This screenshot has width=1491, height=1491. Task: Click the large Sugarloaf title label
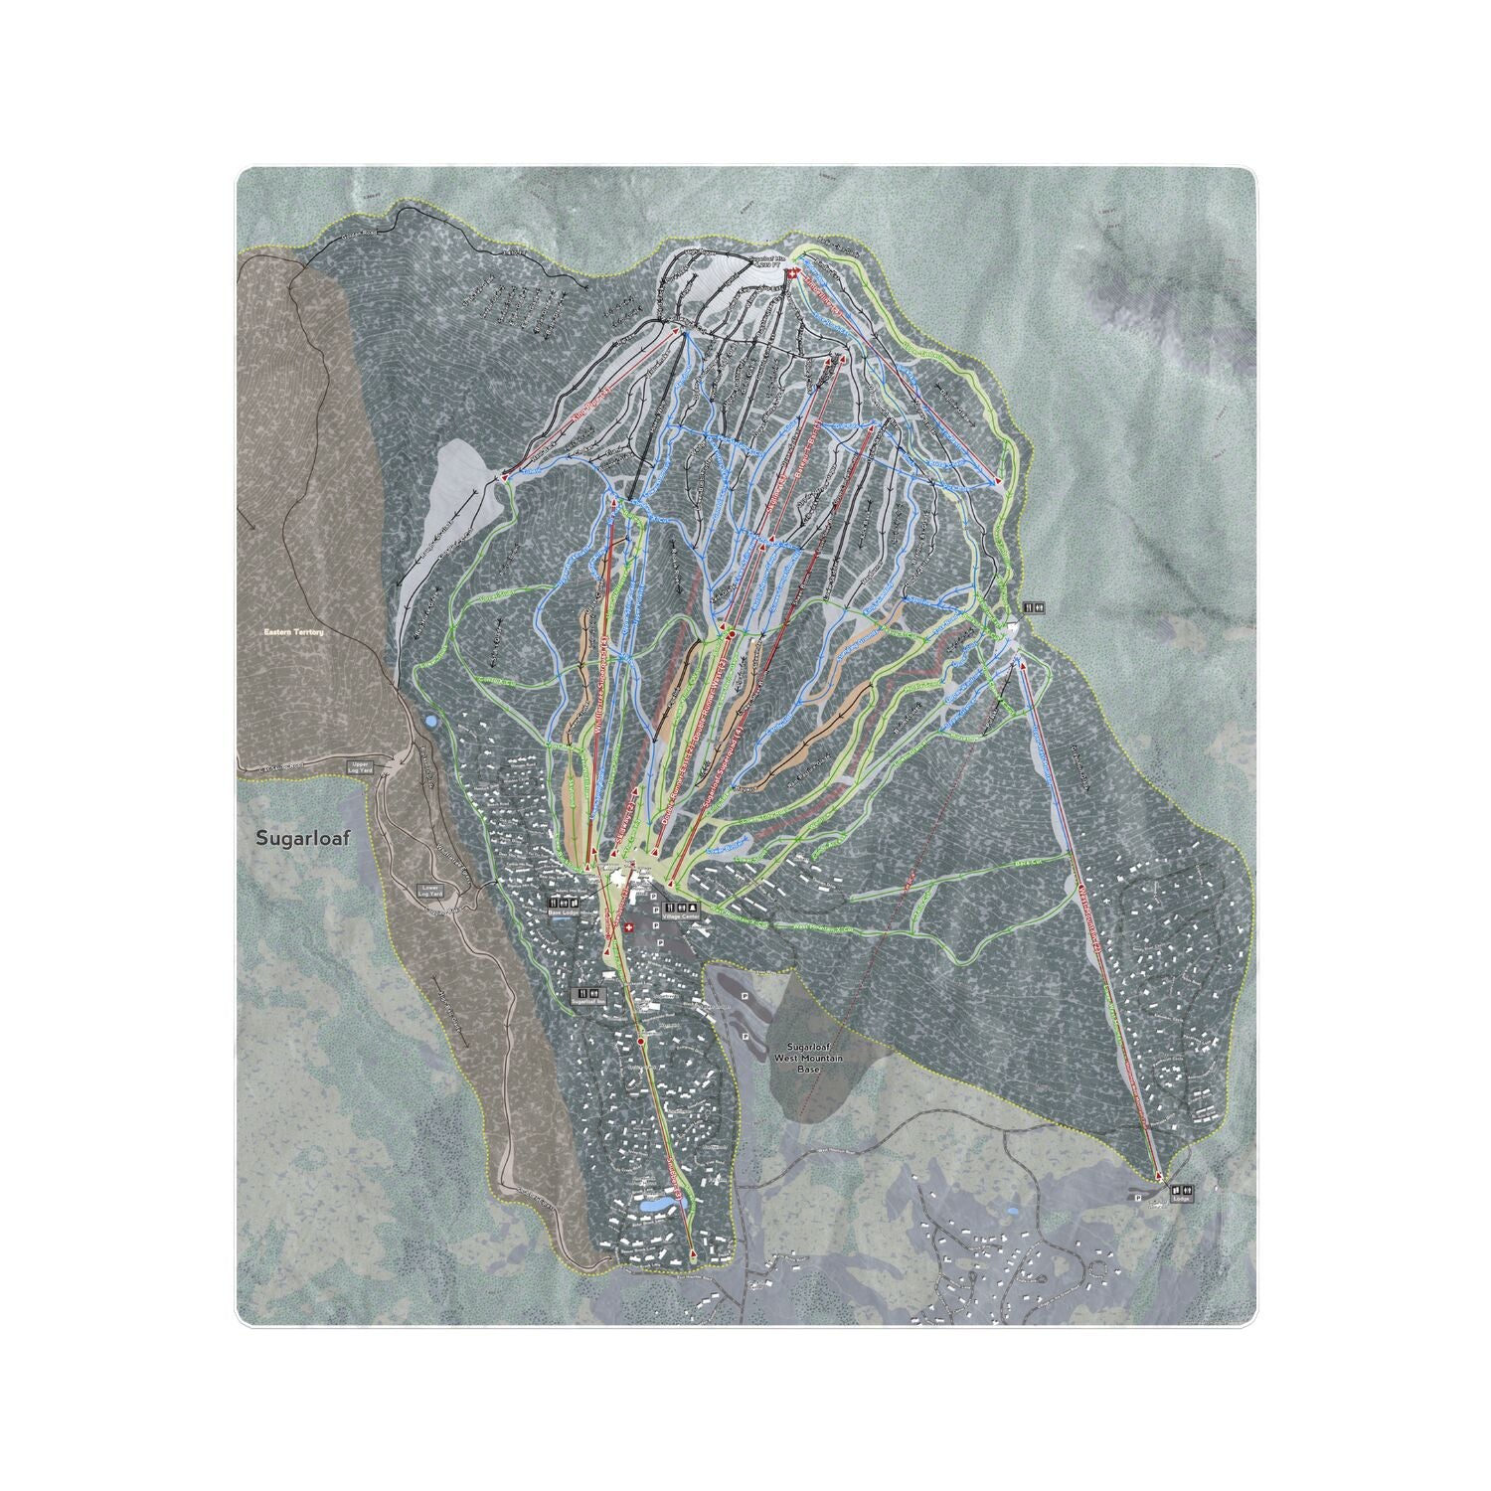coord(296,837)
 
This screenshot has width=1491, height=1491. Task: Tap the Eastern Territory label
coord(293,632)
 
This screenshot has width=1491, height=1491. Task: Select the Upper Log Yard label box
coord(359,766)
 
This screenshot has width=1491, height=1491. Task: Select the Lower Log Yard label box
coord(429,891)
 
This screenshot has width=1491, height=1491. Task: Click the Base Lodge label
coord(564,911)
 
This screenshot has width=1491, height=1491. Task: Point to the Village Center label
coord(681,916)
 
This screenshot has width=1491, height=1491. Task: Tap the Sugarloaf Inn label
coord(586,1003)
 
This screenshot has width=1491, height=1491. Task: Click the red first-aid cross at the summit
coord(791,272)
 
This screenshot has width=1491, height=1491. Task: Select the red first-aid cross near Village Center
coord(627,925)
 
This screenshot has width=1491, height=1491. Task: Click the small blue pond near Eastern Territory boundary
coord(429,720)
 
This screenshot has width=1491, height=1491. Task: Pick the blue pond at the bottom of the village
coord(655,1204)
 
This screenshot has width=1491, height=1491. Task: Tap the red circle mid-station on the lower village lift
coord(641,1042)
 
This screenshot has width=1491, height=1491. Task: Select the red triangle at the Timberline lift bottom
coord(998,482)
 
